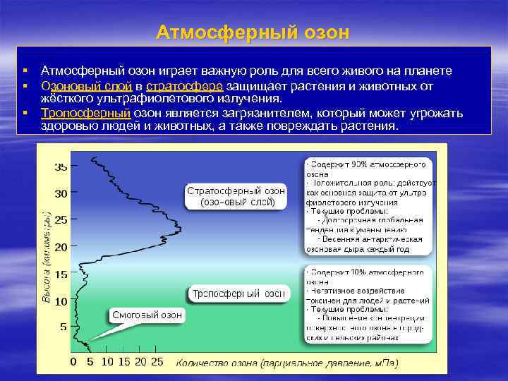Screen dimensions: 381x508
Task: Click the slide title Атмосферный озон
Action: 253,32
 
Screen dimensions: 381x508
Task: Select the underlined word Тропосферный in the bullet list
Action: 85,113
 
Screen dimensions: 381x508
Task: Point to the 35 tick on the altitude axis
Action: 61,167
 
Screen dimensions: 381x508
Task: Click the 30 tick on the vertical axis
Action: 61,193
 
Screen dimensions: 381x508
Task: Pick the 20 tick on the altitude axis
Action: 61,247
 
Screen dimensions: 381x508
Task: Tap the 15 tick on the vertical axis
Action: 61,274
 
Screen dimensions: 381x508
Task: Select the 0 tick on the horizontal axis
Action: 73,361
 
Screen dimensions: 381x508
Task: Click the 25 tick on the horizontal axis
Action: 157,361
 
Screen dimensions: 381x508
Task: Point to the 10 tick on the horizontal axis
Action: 107,361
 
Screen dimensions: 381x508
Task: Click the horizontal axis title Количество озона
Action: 286,363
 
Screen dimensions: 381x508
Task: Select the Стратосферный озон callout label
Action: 236,196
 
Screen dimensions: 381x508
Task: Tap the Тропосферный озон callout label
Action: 239,293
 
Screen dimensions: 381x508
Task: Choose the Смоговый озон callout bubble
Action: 147,315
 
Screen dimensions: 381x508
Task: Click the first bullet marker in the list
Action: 25,71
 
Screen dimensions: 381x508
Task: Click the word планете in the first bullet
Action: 431,71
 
